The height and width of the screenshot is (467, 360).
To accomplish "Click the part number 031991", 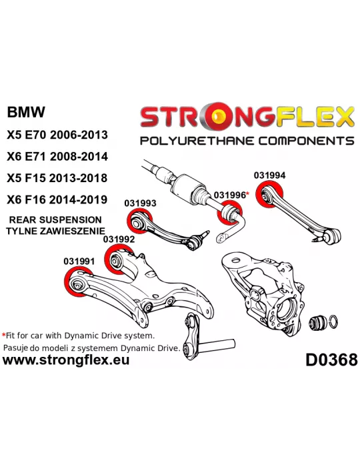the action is point(79,262).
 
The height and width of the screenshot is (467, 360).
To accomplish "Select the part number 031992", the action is point(119,239).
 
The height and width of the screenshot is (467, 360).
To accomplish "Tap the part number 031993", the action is point(140,203).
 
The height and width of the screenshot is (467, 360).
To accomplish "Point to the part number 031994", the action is point(269,175).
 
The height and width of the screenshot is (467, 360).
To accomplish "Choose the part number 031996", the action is point(230,195).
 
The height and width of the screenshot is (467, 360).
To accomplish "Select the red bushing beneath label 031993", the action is point(139,221).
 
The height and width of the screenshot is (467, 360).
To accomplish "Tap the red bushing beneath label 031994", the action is point(269,195).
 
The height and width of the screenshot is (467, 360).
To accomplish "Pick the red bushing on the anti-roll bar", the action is point(230,213).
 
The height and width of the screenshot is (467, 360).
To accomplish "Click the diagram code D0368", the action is point(331,360).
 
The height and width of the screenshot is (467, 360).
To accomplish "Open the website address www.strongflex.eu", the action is point(66,360).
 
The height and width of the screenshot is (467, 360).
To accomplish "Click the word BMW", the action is point(26,112).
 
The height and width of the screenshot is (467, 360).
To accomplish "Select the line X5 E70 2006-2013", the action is point(57,135).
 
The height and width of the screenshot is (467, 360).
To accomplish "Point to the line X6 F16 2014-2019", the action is point(57,199).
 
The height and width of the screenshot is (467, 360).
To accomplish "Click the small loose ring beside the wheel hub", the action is point(334,322).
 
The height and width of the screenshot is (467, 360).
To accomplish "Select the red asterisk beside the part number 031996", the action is point(247,193).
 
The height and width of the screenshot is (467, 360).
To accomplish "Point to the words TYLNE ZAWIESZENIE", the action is point(55,231).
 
